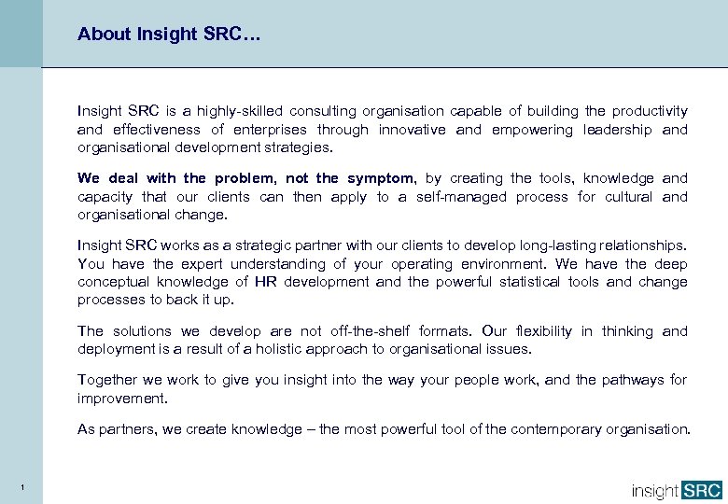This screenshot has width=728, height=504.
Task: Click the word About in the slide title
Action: click(104, 35)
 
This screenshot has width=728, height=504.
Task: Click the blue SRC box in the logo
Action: click(702, 490)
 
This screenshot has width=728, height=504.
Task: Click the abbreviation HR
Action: click(265, 282)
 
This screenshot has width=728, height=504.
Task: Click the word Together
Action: click(107, 380)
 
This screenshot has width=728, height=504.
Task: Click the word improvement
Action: click(121, 398)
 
